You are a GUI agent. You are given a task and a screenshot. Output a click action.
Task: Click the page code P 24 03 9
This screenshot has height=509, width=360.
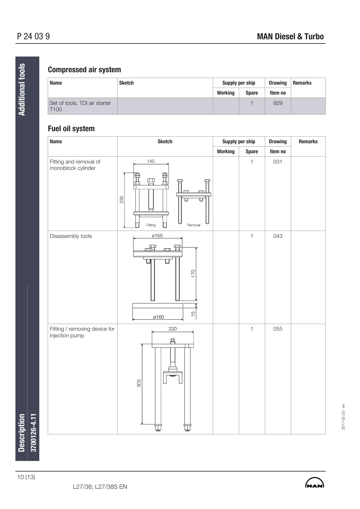coord(34,37)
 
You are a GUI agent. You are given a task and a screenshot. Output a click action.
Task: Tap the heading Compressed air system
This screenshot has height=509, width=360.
coord(84,70)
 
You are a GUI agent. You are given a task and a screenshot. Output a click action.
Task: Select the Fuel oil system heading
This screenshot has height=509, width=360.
coord(71,128)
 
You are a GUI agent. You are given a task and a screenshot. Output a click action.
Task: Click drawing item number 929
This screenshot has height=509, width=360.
coord(277,103)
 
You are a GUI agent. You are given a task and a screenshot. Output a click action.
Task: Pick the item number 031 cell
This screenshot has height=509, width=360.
coord(277,162)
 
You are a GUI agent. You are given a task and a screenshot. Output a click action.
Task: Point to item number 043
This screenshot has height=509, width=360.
coord(277,236)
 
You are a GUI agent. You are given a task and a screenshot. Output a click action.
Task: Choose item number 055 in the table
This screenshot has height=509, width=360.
coord(277,329)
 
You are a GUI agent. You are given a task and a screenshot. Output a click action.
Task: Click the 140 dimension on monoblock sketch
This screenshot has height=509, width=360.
coord(151,161)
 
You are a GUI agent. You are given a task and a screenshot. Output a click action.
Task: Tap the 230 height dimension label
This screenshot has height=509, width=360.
coord(122,199)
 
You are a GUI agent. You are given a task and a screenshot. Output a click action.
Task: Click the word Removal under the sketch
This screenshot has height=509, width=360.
coord(194,225)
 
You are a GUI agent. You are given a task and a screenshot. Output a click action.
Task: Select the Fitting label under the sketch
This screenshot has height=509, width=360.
coord(151,225)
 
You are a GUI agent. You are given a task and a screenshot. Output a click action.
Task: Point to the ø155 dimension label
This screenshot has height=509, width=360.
coord(157,235)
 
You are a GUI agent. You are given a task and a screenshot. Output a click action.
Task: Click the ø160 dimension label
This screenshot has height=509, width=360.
coord(158,317)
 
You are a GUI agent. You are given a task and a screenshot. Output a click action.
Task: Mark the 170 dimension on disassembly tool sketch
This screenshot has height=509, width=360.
coord(193,273)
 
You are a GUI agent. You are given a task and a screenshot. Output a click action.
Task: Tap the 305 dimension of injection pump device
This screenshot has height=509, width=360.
coord(139,383)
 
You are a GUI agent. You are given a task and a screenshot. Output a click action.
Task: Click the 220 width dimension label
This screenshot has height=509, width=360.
coord(173,329)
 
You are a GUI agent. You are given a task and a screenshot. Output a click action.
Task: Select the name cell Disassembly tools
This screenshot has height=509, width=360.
coord(71,236)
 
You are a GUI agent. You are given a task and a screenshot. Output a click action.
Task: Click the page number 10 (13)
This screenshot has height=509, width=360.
coord(26,477)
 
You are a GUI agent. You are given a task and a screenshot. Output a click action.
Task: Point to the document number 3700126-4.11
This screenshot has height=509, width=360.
coord(34,433)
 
